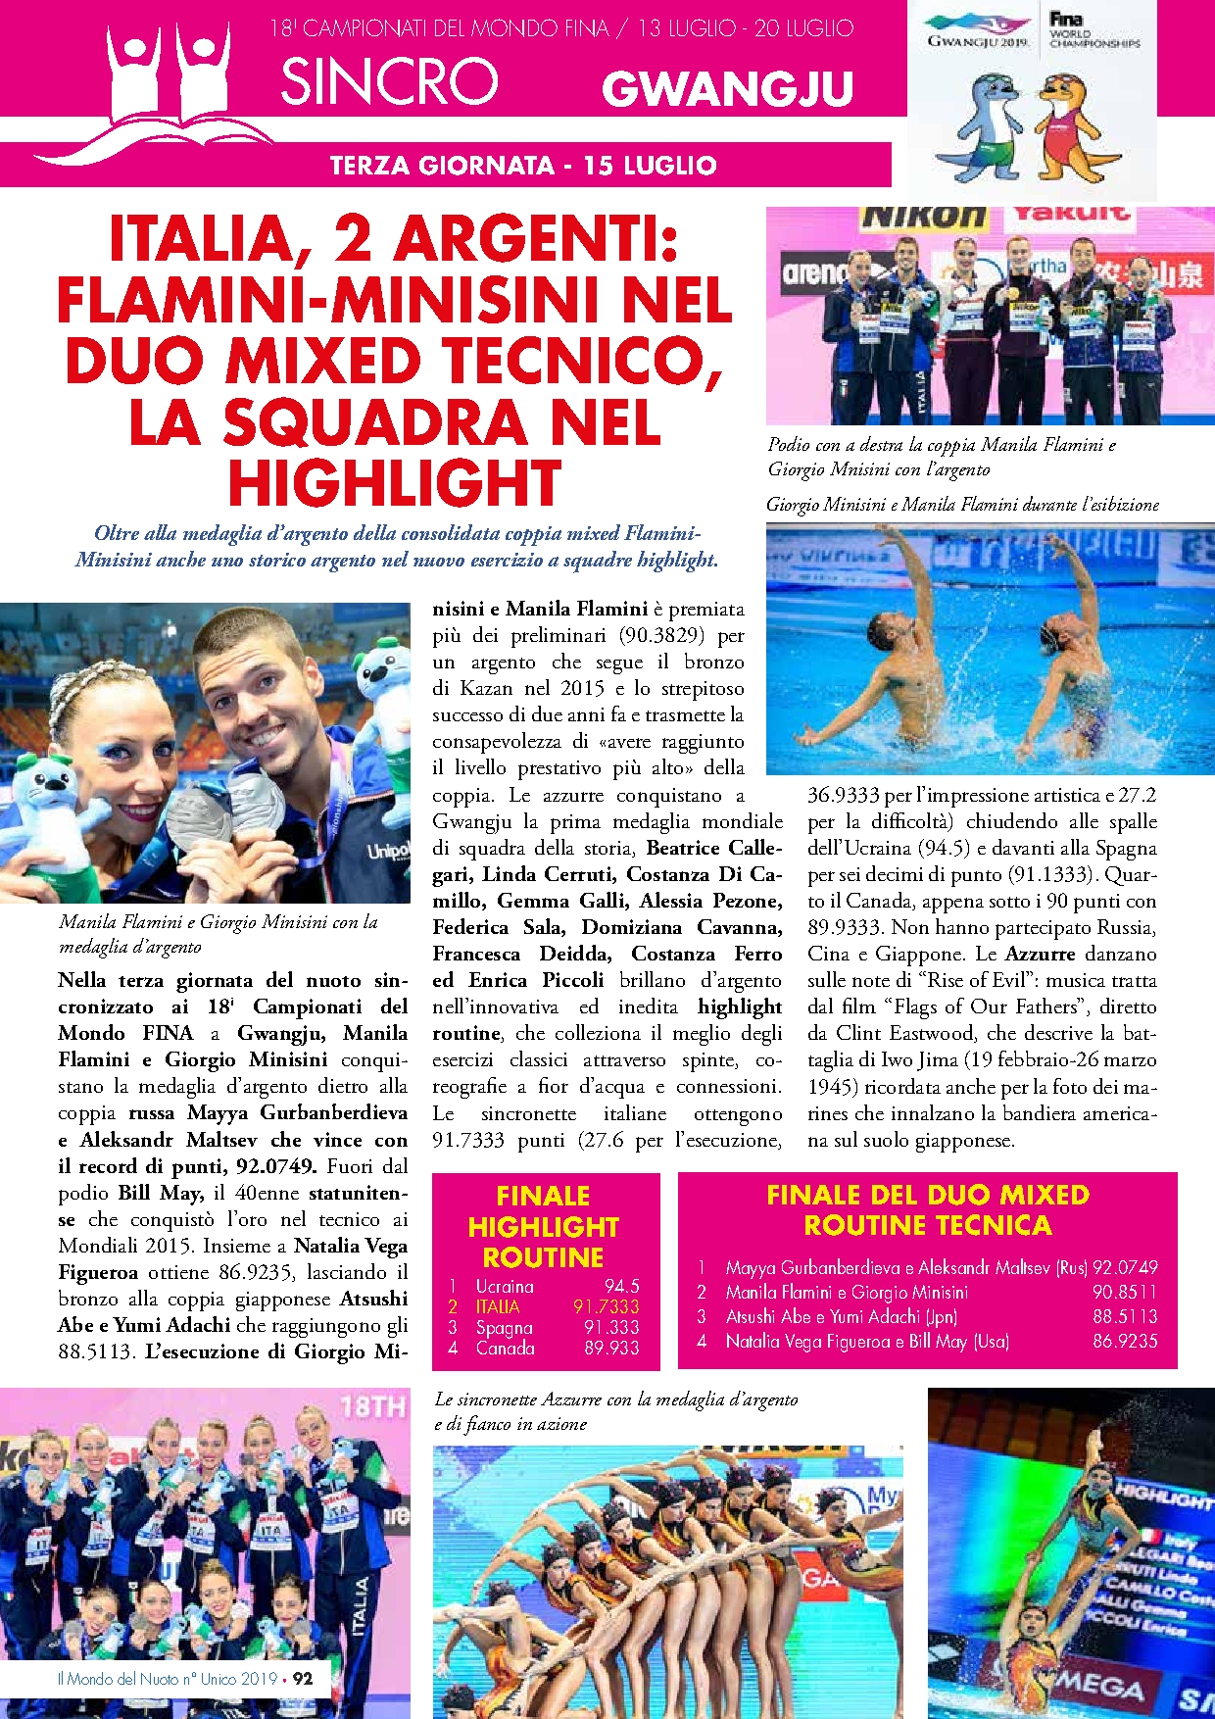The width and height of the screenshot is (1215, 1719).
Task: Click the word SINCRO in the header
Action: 389,81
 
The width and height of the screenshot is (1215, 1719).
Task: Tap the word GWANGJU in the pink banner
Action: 727,89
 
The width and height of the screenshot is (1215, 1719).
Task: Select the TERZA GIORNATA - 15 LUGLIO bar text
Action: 523,165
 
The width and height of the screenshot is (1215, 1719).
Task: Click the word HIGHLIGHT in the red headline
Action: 395,482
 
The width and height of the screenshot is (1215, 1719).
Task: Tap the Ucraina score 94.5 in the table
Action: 621,1286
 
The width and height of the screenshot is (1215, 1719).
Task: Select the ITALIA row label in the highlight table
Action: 498,1306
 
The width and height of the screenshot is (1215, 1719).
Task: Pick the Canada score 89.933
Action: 612,1348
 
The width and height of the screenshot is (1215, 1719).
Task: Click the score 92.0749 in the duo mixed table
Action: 1125,1267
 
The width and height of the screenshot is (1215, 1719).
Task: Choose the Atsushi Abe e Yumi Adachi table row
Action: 841,1316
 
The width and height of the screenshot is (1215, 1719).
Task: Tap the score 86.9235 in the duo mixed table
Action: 1125,1341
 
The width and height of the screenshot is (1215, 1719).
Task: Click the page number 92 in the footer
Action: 303,1678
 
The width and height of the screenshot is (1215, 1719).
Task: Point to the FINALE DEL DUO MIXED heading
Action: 927,1195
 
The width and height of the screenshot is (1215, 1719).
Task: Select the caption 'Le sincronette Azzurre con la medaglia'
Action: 615,1400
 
